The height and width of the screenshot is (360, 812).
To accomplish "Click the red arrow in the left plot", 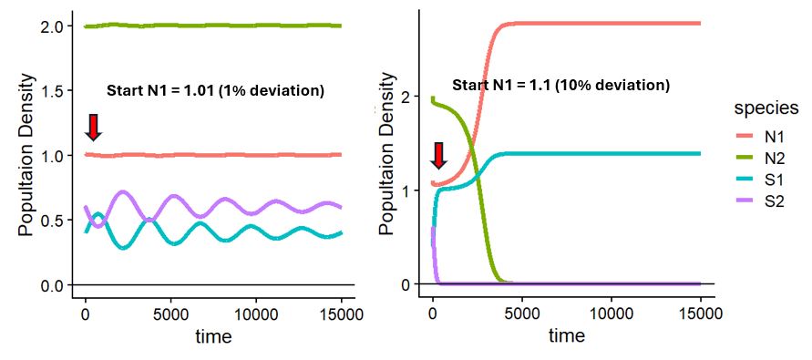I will pyautogui.click(x=93, y=128).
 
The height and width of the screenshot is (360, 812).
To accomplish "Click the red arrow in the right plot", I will pyautogui.click(x=439, y=156).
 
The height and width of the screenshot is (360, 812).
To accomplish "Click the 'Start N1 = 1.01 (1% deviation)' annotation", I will pyautogui.click(x=215, y=91).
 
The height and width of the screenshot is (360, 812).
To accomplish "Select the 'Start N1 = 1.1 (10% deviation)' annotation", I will pyautogui.click(x=561, y=86).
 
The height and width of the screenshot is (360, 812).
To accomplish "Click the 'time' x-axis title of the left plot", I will pyautogui.click(x=213, y=336).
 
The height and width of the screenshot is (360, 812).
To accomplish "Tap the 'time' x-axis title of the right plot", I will pyautogui.click(x=566, y=336).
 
